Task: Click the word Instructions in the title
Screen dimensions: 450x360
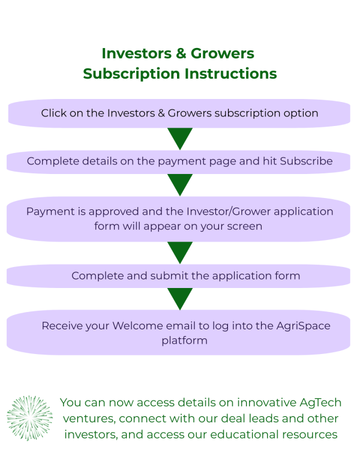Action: [x=231, y=73]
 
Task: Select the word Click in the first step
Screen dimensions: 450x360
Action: [x=54, y=113]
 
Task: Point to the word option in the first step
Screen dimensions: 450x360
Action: [x=300, y=113]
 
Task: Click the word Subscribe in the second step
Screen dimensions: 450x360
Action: [x=306, y=161]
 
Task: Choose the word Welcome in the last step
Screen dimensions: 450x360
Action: [x=140, y=326]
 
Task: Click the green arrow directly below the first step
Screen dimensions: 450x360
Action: [x=180, y=139]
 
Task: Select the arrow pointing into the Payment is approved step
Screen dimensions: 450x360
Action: [x=180, y=184]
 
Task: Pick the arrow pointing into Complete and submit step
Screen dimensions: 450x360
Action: [x=180, y=252]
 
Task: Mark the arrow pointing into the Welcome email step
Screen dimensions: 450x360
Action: [x=180, y=298]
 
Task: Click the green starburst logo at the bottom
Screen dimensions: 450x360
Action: [x=29, y=418]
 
